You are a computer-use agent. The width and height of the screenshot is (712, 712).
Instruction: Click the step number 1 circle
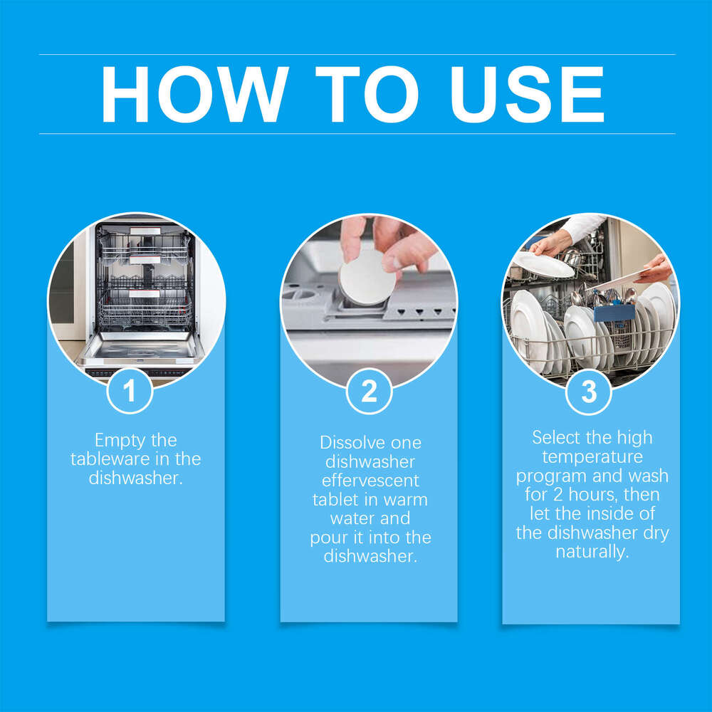[130, 391]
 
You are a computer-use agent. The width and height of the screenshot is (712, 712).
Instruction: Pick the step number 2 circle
[369, 391]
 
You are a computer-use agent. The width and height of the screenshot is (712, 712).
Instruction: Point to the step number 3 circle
[589, 391]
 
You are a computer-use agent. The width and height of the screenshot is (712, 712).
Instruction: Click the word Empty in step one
[115, 441]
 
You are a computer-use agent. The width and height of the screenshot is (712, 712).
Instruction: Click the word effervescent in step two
[370, 481]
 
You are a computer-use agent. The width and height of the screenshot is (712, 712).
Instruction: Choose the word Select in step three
[557, 437]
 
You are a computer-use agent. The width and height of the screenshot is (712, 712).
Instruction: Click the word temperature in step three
[592, 456]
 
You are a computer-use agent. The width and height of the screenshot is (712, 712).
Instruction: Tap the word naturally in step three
[592, 552]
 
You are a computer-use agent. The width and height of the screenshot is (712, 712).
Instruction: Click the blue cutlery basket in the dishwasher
[614, 312]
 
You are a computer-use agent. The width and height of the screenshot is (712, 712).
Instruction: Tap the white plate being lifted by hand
[544, 265]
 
